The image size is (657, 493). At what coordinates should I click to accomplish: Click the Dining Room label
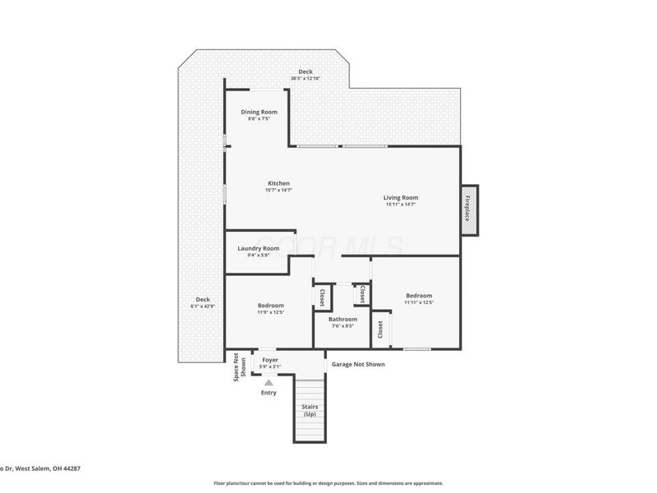tap(259, 112)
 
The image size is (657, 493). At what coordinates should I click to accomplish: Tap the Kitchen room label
tap(278, 183)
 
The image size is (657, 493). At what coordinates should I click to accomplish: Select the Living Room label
tap(401, 197)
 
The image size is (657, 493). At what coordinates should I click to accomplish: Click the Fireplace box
tap(468, 209)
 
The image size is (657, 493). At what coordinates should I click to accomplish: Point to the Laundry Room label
tap(259, 248)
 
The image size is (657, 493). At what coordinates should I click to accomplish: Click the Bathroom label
tap(342, 319)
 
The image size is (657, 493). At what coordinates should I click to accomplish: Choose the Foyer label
tap(270, 360)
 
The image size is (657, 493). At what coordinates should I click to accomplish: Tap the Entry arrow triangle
tap(269, 381)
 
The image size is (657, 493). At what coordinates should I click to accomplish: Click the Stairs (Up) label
tap(310, 410)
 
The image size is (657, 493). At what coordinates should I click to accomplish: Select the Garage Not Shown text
tap(357, 364)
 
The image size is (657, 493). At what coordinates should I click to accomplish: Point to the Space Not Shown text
tap(239, 367)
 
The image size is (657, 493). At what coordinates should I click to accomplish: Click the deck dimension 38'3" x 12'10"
tap(305, 79)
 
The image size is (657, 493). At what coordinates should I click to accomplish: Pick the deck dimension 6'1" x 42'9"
tap(202, 306)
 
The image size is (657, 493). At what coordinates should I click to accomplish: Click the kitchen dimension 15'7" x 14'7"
tap(278, 191)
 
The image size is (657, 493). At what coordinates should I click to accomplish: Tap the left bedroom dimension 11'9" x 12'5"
tap(270, 312)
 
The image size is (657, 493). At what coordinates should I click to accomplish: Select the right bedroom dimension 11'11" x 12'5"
tap(418, 303)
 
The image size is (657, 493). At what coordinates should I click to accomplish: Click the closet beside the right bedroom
tap(380, 329)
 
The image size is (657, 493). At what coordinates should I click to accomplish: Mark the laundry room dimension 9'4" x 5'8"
tap(259, 256)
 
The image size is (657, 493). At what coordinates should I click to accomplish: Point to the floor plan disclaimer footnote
tap(328, 483)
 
